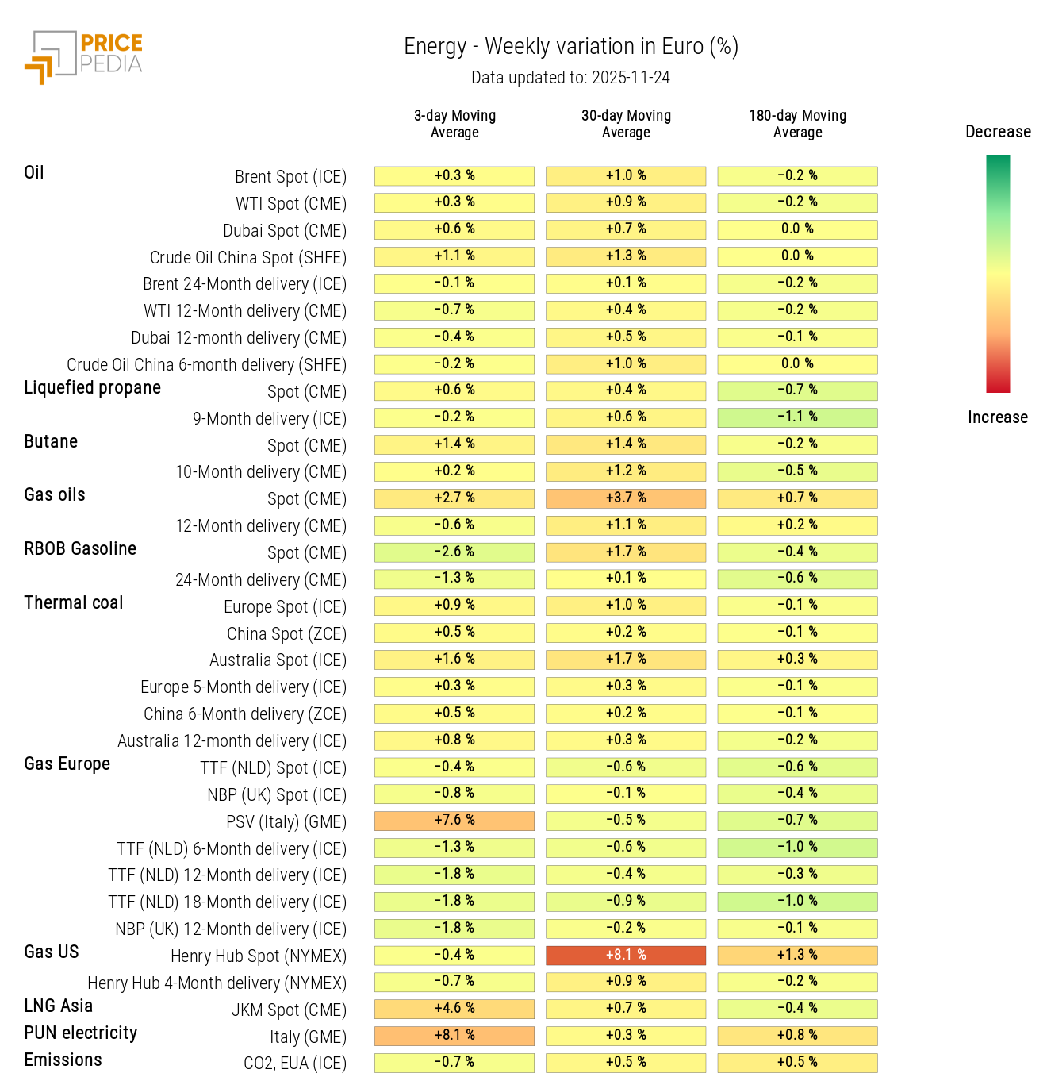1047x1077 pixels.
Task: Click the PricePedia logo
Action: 83,56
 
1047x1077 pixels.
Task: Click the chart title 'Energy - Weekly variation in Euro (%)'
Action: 570,47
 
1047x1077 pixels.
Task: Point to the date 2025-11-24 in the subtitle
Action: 631,78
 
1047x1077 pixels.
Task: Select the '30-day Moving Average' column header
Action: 626,124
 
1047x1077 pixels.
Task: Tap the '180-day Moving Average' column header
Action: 797,124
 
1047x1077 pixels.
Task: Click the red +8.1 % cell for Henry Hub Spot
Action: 626,955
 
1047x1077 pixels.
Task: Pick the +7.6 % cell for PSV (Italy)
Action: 454,820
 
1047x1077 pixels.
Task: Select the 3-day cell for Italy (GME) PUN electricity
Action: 454,1035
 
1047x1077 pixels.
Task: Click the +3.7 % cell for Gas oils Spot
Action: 626,498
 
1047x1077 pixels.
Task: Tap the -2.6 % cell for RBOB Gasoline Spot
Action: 454,552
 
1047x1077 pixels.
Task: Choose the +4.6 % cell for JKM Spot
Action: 454,1008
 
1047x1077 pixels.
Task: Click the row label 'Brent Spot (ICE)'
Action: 290,176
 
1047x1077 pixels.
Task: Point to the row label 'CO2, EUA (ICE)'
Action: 294,1063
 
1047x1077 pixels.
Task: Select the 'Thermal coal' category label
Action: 74,602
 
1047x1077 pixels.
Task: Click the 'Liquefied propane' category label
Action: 92,387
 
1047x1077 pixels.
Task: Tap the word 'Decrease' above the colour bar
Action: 998,132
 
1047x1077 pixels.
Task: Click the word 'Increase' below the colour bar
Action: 997,417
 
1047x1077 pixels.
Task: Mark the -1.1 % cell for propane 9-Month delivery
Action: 797,417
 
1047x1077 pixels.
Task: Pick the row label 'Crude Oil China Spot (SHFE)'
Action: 248,257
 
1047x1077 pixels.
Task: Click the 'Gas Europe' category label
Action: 67,764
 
